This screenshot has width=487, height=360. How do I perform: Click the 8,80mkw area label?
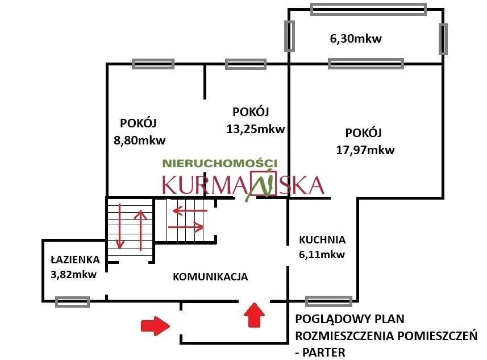(x=139, y=140)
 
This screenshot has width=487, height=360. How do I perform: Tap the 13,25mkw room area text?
(x=255, y=129)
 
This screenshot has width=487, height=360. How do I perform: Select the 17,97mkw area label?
(x=365, y=150)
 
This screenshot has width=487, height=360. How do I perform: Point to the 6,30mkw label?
(x=356, y=39)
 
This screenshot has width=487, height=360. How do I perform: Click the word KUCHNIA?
(x=322, y=239)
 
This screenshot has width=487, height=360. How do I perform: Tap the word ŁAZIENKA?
(x=75, y=259)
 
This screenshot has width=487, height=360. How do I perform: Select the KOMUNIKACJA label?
(x=210, y=277)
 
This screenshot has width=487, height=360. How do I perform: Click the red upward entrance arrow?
(x=255, y=315)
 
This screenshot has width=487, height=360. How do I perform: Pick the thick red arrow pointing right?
(x=155, y=326)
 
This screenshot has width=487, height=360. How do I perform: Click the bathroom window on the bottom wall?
(x=72, y=302)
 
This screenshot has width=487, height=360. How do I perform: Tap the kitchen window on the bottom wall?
(x=328, y=301)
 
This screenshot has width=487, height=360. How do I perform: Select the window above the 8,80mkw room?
(x=153, y=64)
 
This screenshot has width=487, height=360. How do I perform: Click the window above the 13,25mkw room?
(x=245, y=64)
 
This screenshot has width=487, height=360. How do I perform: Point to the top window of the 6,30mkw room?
(x=369, y=9)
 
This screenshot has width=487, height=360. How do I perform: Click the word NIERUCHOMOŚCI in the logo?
(x=220, y=163)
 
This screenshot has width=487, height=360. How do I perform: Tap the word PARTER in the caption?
(x=324, y=353)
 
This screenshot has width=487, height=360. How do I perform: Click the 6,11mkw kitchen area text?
(x=322, y=255)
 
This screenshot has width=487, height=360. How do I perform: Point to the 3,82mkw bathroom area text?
(x=74, y=275)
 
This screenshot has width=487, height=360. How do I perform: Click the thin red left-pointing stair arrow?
(x=190, y=211)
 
